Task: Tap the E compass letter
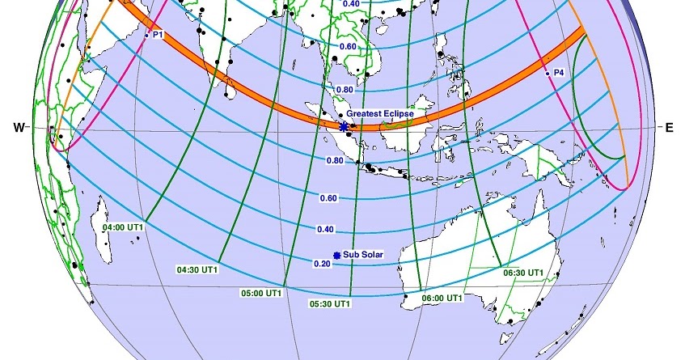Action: click(669, 127)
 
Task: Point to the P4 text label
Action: click(559, 73)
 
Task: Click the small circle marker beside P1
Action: click(146, 36)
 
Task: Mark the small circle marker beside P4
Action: click(548, 74)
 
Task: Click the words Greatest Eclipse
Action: click(379, 114)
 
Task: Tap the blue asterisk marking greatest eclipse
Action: click(345, 126)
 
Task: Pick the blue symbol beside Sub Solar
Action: click(337, 253)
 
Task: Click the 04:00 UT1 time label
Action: click(123, 227)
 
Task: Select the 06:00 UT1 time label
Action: click(442, 298)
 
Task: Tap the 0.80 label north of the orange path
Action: click(343, 89)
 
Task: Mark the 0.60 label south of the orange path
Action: click(328, 197)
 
